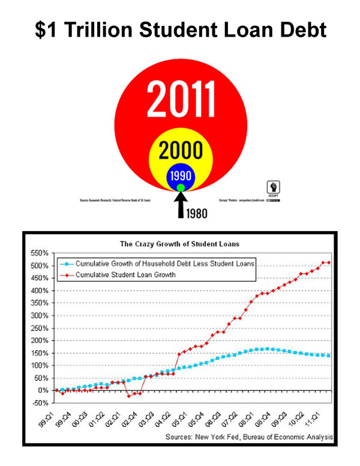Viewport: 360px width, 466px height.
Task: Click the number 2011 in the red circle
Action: [181, 98]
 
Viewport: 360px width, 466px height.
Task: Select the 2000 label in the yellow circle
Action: [180, 150]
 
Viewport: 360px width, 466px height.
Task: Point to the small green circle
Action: [181, 188]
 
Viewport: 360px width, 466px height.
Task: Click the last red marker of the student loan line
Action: [329, 262]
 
